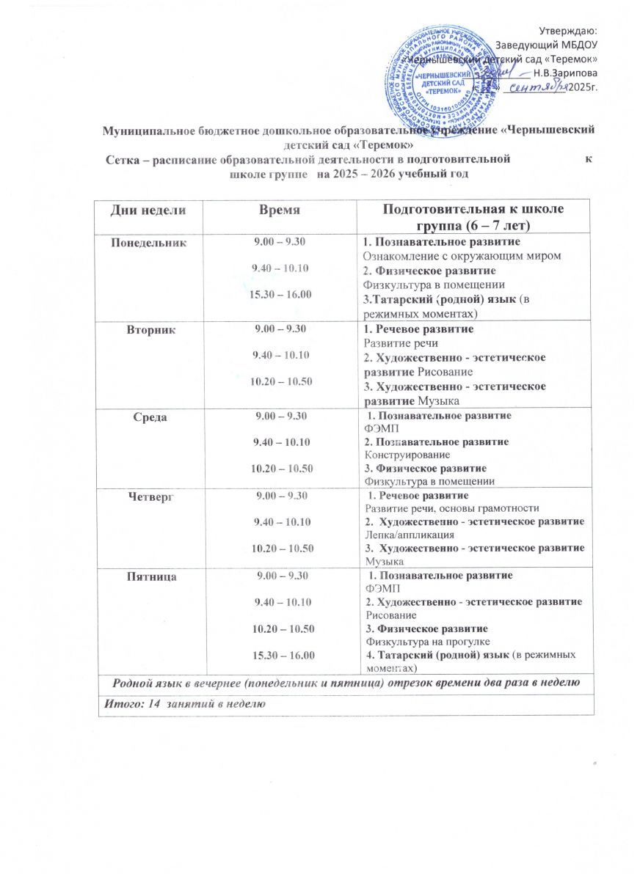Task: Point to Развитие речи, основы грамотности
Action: click(452, 508)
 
